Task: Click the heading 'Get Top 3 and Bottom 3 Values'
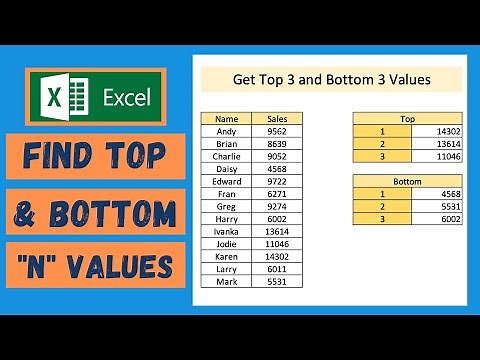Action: [330, 80]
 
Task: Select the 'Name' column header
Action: [226, 118]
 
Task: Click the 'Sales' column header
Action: [276, 118]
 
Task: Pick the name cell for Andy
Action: [226, 130]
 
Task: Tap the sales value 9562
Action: [276, 130]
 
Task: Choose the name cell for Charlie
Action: [226, 155]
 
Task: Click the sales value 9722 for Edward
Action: [276, 181]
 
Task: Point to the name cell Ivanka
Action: [226, 231]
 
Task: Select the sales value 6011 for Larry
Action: [276, 269]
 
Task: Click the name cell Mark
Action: [226, 282]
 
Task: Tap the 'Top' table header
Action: [407, 118]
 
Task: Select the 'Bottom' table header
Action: [407, 181]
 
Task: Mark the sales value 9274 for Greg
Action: [276, 206]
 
